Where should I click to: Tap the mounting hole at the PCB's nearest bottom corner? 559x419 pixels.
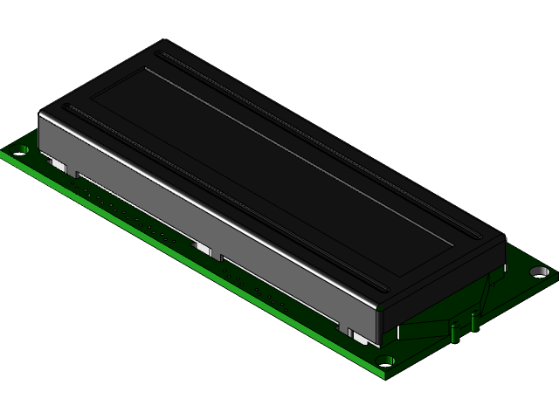click(386, 359)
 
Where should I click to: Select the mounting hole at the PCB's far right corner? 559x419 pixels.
click(539, 272)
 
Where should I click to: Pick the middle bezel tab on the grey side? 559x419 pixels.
click(204, 250)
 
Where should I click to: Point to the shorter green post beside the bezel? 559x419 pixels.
click(455, 332)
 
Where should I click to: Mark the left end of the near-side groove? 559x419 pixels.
click(70, 109)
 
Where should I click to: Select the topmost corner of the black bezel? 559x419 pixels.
click(160, 41)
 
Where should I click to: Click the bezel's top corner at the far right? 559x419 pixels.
click(504, 237)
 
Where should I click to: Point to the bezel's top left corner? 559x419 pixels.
click(41, 111)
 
